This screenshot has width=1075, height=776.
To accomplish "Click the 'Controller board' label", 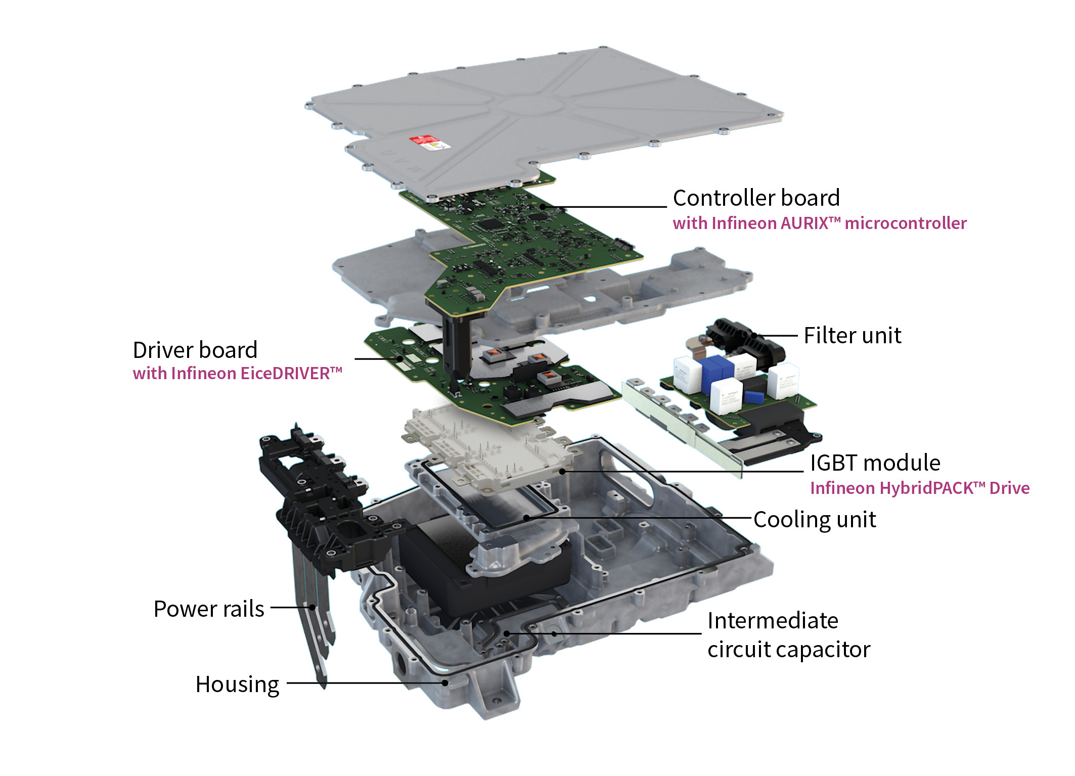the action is point(756,198).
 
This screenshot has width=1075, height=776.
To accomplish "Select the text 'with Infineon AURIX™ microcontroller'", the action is point(819,223).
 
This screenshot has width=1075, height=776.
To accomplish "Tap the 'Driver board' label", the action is point(195,350).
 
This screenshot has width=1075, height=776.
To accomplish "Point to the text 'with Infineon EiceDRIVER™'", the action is point(238,373).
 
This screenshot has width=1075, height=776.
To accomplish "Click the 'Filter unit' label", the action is point(853,335).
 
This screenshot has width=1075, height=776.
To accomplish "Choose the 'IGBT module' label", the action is point(875,463).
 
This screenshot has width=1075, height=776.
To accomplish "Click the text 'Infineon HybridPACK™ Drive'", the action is point(920,488).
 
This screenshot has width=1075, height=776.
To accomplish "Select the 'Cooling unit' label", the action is point(815,520).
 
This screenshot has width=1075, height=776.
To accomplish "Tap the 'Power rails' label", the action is point(209,609).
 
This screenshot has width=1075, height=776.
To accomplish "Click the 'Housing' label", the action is point(238,684).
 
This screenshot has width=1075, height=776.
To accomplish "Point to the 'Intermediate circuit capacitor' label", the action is point(789,635).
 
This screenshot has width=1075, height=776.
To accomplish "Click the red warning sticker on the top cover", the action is point(430,142).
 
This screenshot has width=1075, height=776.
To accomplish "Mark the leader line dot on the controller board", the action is point(543,206).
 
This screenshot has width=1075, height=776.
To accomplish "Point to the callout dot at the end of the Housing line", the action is point(445,683).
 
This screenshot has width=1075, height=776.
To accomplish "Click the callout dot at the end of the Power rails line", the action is point(312,608).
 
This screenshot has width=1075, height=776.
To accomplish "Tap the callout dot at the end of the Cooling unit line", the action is point(526,518).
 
